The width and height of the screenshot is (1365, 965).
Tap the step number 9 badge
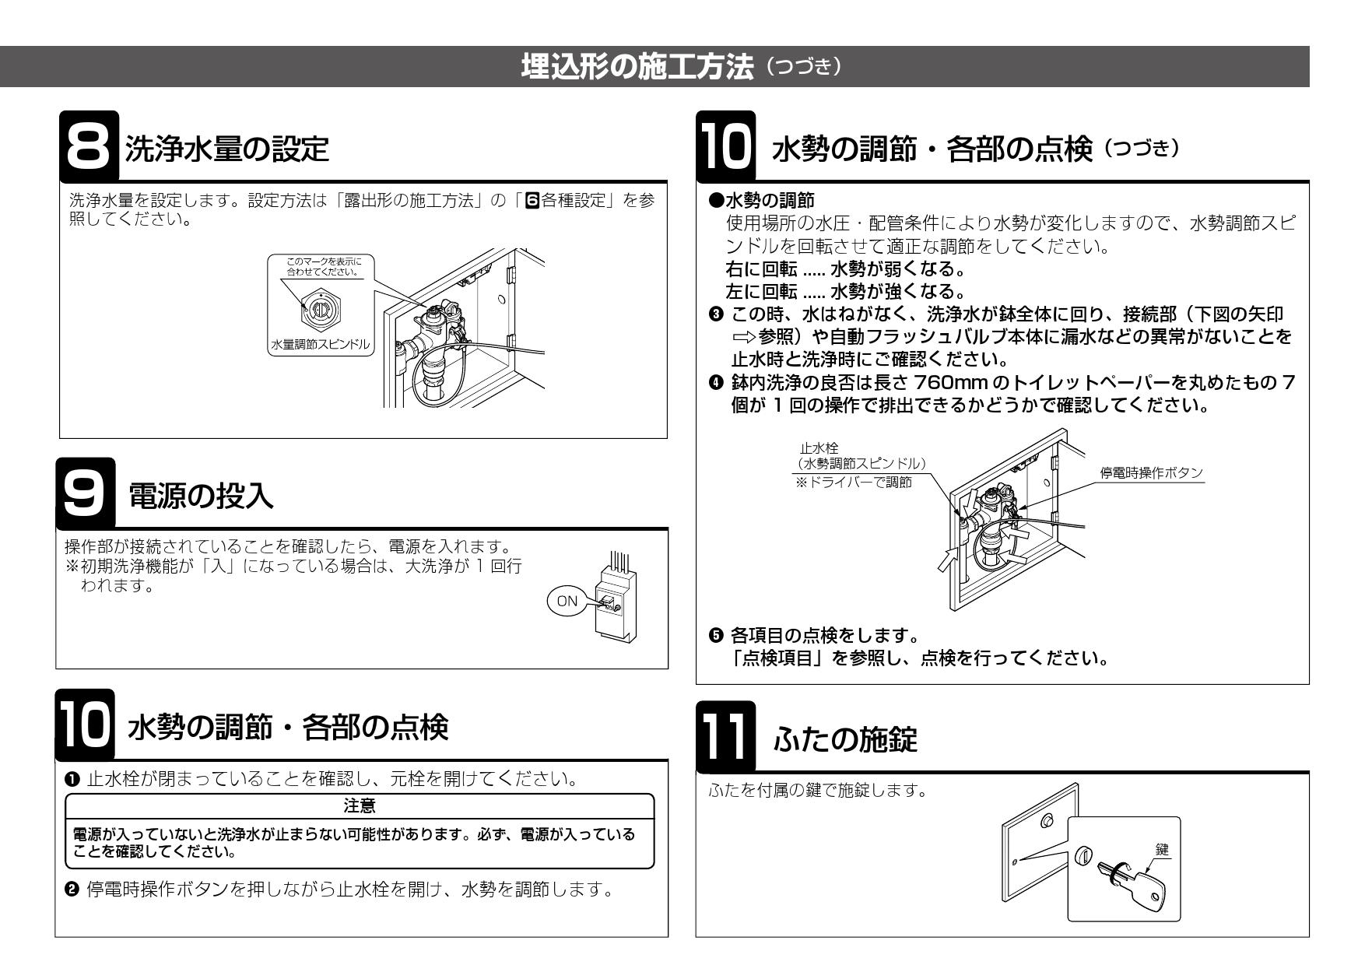coord(87,497)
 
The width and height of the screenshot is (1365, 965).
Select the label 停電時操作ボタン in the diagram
coord(1151,473)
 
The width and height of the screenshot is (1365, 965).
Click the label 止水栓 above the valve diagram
coord(815,449)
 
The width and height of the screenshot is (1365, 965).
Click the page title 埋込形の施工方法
coord(638,67)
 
